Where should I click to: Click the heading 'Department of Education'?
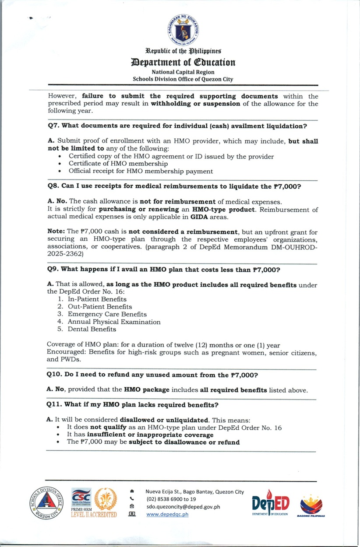point(183,62)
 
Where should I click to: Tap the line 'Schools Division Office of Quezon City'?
point(183,79)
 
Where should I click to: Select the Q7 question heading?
point(177,126)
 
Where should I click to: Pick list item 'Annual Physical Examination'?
point(114,322)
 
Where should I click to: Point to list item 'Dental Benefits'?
point(92,329)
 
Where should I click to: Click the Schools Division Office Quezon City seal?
point(46,502)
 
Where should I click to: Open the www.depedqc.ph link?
point(167,514)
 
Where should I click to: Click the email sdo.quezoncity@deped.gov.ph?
point(183,507)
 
